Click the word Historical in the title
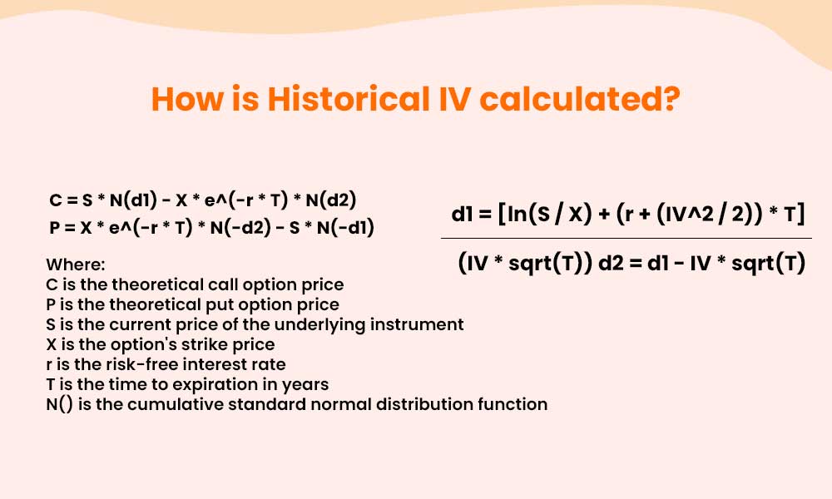349,99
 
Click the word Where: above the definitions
76,264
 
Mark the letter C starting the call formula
55,200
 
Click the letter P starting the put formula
55,228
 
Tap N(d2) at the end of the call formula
331,200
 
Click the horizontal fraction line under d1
626,239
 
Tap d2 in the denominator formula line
611,263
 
